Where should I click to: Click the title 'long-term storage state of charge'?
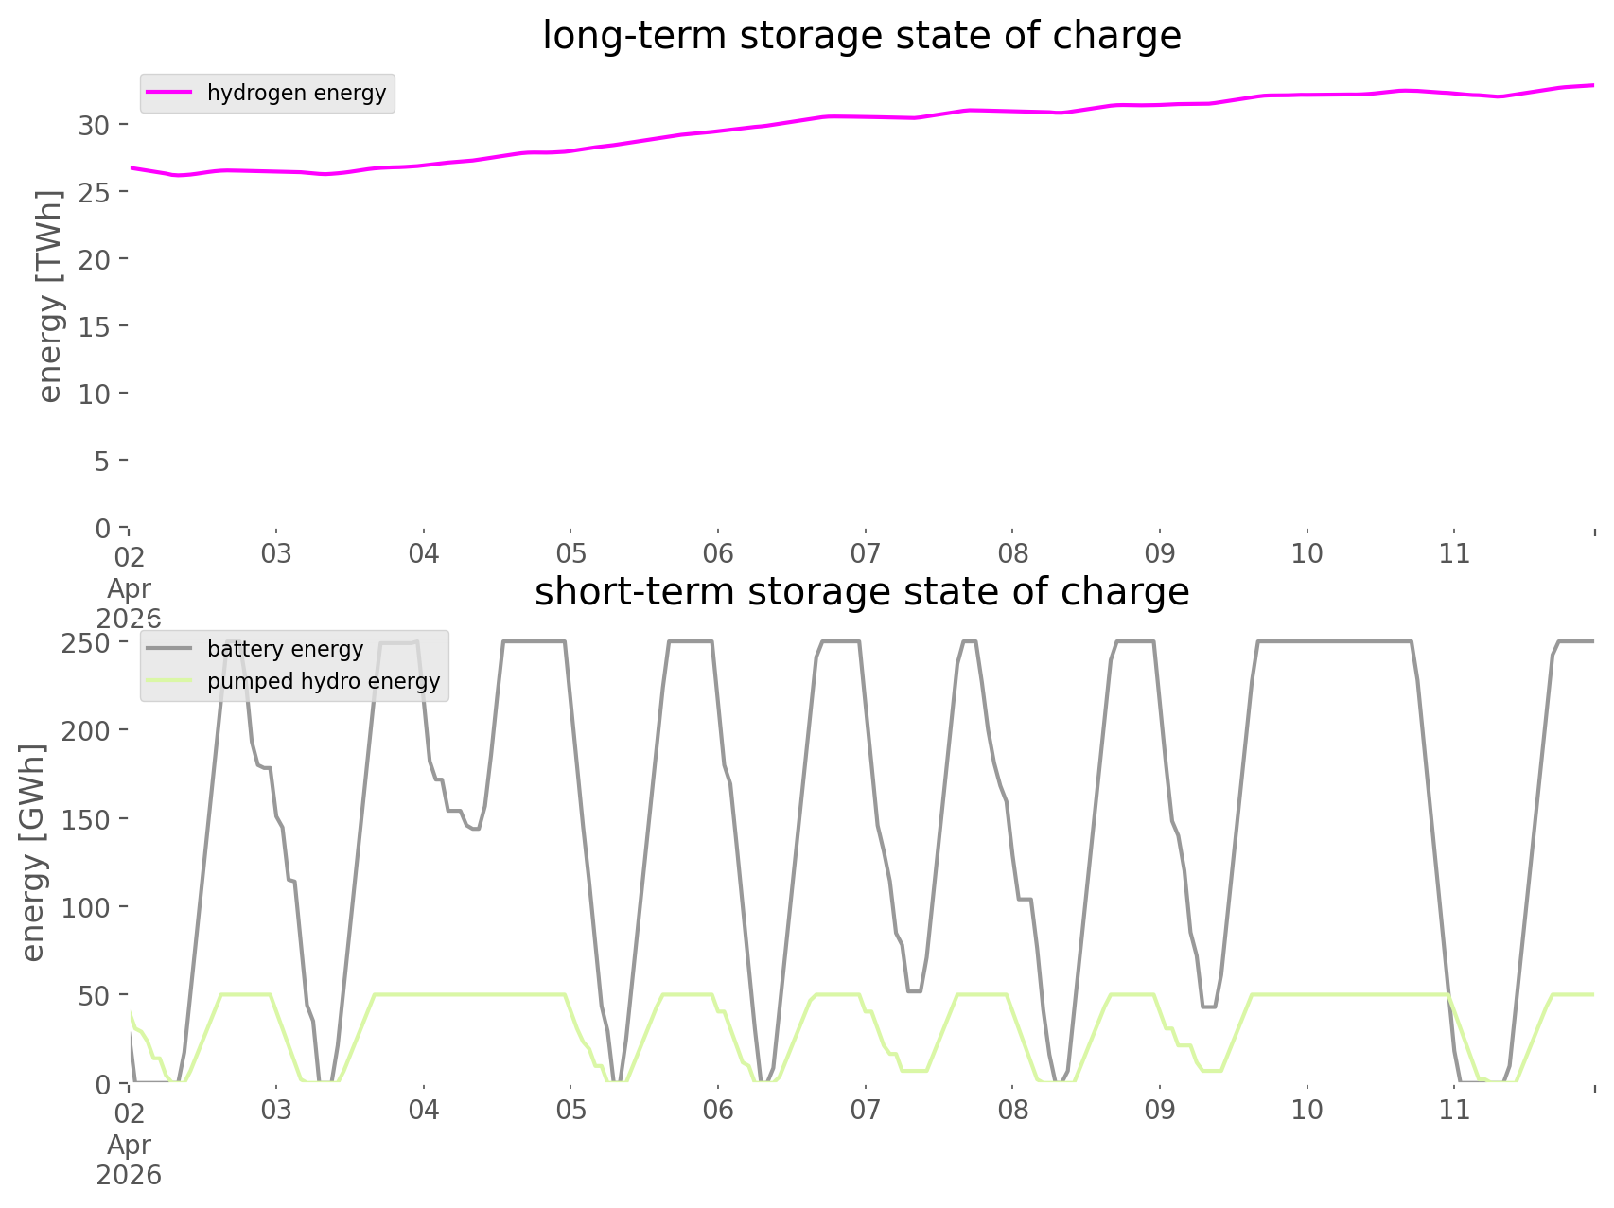(x=861, y=36)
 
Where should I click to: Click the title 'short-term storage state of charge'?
(x=861, y=592)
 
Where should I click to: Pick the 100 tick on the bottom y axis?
(x=87, y=907)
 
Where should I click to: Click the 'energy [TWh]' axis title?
(x=49, y=296)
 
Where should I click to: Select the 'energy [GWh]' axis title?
(x=33, y=852)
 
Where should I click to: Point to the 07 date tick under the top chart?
(x=866, y=553)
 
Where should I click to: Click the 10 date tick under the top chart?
(x=1307, y=553)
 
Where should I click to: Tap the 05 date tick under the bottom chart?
(x=571, y=1110)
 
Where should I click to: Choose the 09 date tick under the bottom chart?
(x=1160, y=1110)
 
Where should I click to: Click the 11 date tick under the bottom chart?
(x=1455, y=1110)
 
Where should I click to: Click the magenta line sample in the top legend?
(x=170, y=93)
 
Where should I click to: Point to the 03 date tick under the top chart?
(x=276, y=553)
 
